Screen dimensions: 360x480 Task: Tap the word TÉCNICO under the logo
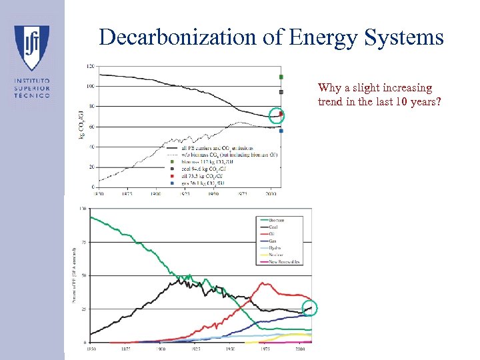click(x=32, y=95)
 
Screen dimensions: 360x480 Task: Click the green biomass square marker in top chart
click(x=281, y=77)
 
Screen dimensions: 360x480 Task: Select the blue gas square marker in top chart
click(x=281, y=131)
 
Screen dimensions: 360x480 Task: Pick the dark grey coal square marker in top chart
click(x=281, y=92)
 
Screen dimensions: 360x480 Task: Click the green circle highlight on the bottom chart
click(x=309, y=308)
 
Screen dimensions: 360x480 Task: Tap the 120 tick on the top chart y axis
click(x=90, y=66)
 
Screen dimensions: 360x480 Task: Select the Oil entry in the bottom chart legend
click(x=273, y=234)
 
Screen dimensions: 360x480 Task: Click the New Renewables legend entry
click(x=283, y=261)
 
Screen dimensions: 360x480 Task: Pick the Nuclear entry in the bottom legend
click(x=275, y=255)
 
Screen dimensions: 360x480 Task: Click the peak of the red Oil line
click(x=264, y=283)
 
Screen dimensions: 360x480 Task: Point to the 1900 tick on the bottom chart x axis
click(x=161, y=348)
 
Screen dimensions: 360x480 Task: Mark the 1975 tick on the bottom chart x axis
click(x=265, y=348)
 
